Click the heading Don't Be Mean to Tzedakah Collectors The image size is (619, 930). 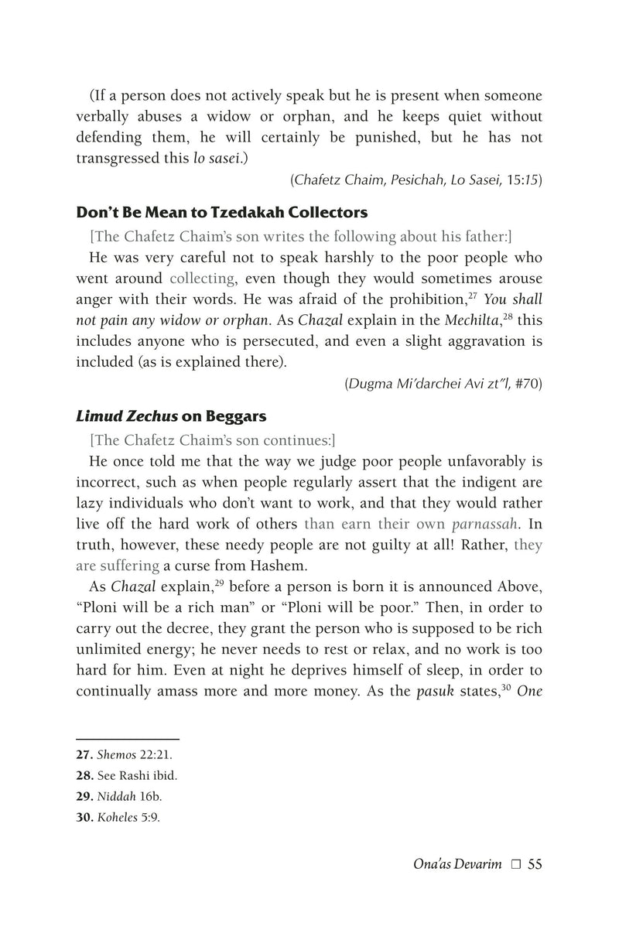coord(221,212)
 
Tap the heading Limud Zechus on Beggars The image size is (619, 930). coord(171,416)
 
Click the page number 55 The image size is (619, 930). coord(534,863)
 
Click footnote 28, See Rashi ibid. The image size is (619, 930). coord(121,774)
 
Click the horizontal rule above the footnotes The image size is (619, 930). coord(128,738)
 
